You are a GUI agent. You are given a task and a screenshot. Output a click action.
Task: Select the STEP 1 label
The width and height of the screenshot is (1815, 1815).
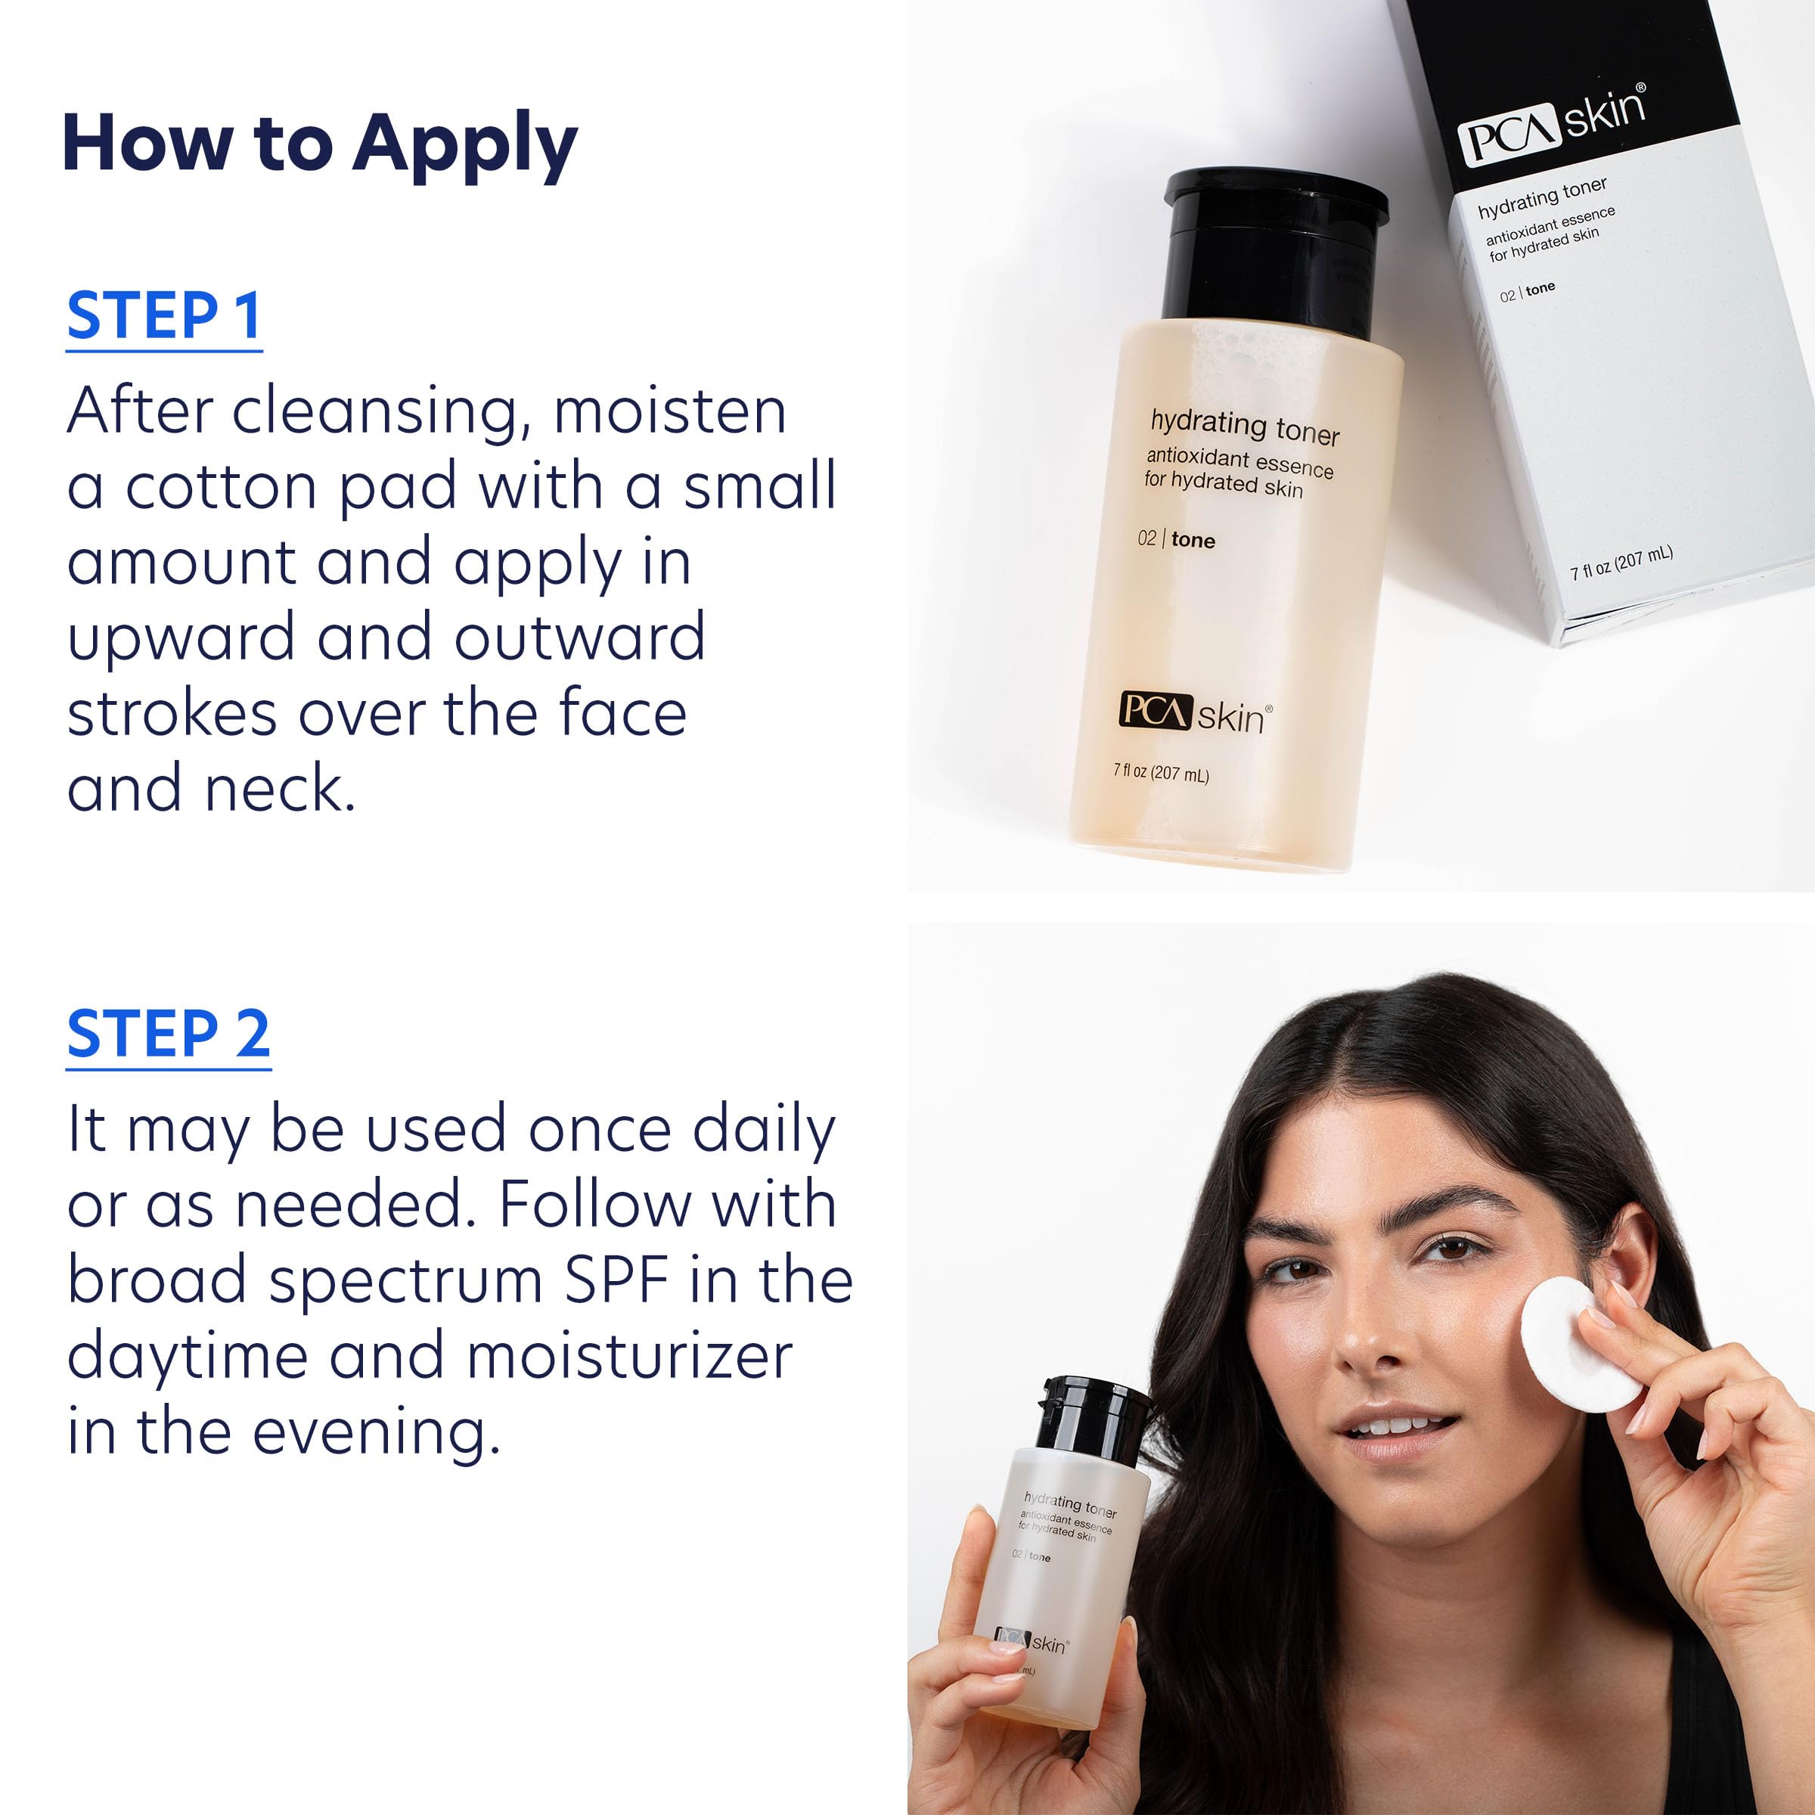pyautogui.click(x=163, y=317)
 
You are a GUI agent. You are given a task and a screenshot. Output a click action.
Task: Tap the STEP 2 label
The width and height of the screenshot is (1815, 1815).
pyautogui.click(x=168, y=1035)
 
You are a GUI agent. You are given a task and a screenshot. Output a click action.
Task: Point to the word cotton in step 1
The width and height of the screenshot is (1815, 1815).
pyautogui.click(x=222, y=488)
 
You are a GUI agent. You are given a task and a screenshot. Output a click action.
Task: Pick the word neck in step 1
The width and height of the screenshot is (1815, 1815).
pyautogui.click(x=279, y=788)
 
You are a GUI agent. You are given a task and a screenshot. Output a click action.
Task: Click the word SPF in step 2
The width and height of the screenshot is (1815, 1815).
pyautogui.click(x=616, y=1280)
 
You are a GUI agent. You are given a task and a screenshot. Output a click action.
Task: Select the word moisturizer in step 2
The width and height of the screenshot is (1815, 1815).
pyautogui.click(x=629, y=1357)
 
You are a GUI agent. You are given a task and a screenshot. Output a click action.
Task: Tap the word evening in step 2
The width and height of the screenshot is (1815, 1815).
pyautogui.click(x=376, y=1432)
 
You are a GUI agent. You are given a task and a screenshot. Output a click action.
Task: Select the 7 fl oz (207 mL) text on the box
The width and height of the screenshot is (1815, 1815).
pyautogui.click(x=1621, y=562)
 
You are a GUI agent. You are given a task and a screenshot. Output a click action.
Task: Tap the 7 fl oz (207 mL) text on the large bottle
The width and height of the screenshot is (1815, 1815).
pyautogui.click(x=1160, y=772)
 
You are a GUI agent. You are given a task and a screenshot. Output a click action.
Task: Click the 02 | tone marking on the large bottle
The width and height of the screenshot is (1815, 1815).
pyautogui.click(x=1176, y=540)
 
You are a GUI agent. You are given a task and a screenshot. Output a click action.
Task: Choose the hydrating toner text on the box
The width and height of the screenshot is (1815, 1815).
pyautogui.click(x=1542, y=197)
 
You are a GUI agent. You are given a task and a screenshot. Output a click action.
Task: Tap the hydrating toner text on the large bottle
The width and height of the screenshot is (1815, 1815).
pyautogui.click(x=1245, y=427)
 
